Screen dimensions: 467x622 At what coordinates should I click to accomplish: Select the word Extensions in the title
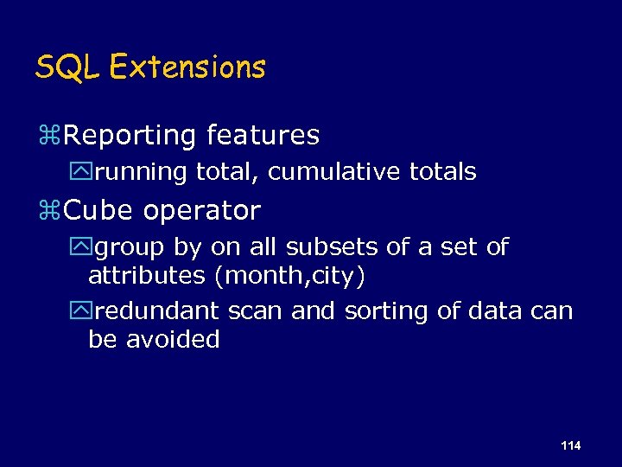pos(188,67)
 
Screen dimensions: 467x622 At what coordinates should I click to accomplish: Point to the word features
pos(263,135)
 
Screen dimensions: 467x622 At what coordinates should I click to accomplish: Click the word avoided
pos(173,339)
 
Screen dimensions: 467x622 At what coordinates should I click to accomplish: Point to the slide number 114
pos(570,445)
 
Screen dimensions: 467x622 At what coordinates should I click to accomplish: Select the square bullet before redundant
pos(83,311)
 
